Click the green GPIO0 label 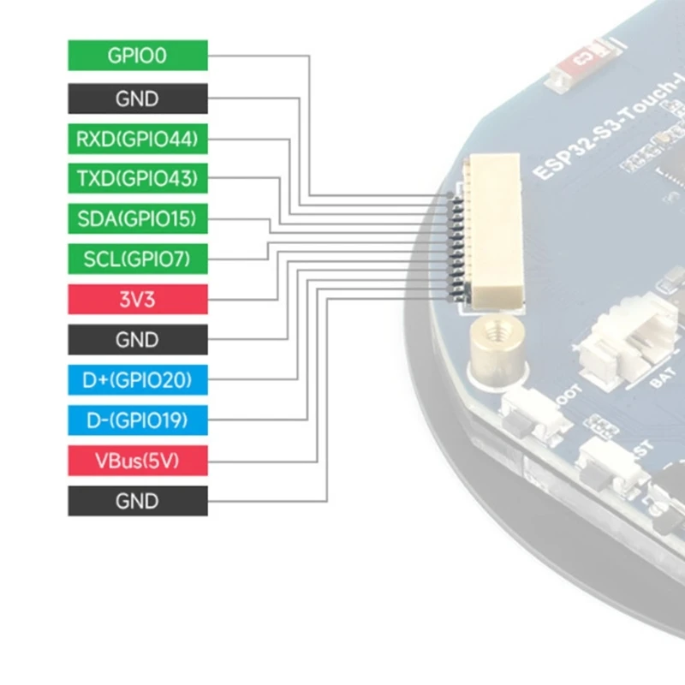coord(137,57)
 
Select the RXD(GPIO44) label coord(137,138)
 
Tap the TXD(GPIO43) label coord(137,179)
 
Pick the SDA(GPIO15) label coord(137,219)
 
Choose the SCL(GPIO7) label coord(137,259)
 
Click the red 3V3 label coord(137,300)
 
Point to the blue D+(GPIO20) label coord(137,379)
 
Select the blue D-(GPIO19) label coord(137,420)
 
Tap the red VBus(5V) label coord(137,462)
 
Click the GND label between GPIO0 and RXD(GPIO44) coord(137,98)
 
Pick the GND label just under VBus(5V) coord(137,501)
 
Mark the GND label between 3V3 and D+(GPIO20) coord(137,340)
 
